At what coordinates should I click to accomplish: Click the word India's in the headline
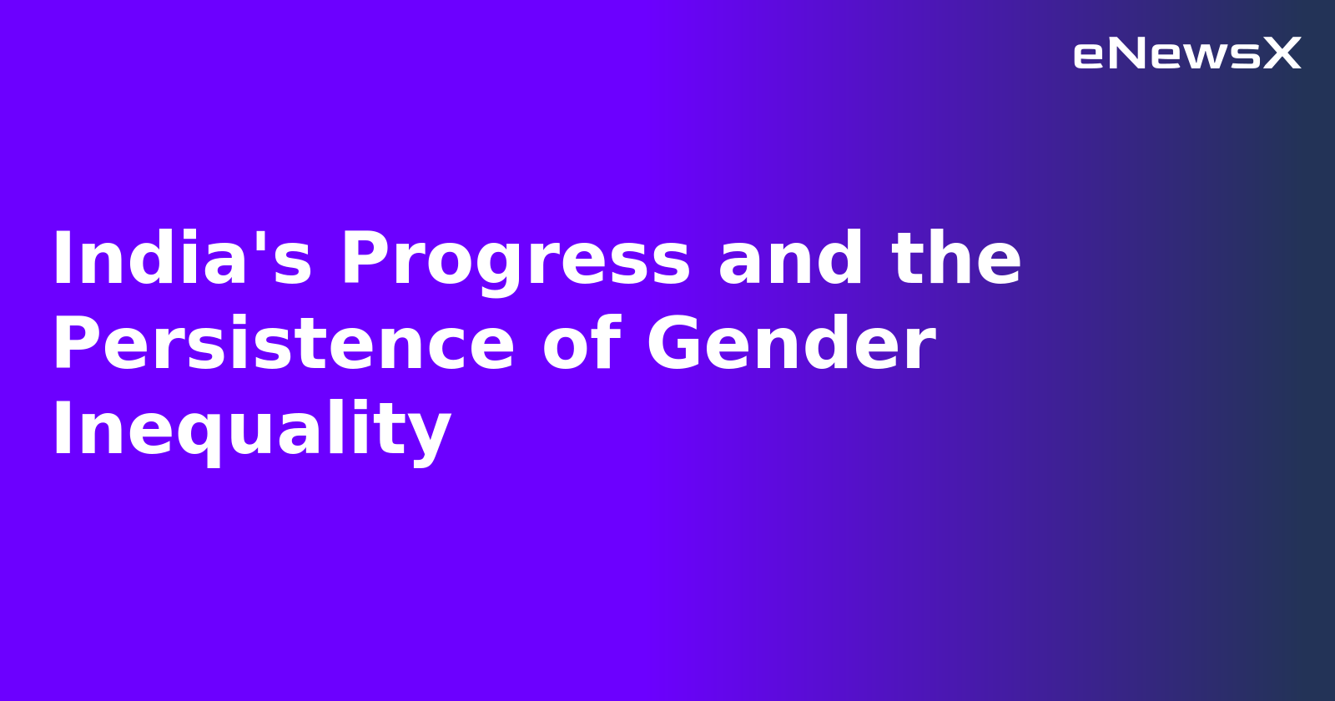pos(182,260)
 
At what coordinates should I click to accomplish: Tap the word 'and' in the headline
pos(790,260)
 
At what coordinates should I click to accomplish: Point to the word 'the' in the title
pos(956,260)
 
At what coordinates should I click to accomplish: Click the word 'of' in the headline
pos(581,345)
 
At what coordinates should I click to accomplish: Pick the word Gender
pos(790,345)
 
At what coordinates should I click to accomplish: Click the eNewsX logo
pos(1186,54)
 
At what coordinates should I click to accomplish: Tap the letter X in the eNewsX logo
pos(1282,54)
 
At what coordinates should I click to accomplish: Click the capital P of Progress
pos(365,260)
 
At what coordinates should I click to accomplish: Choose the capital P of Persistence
pos(78,345)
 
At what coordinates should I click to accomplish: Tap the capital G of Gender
pos(674,345)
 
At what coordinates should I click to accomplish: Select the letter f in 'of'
pos(607,343)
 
